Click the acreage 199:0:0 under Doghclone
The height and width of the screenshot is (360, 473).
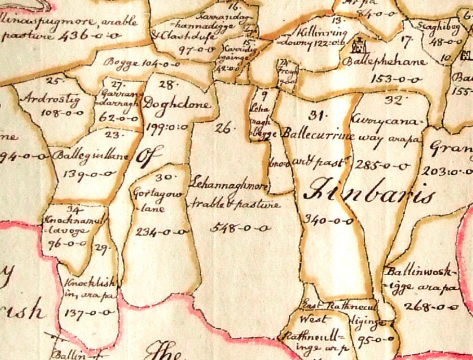point(168,126)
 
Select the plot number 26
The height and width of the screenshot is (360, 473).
point(225,127)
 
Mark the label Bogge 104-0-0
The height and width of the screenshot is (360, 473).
point(142,63)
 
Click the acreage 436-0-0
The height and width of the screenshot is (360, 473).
point(90,36)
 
